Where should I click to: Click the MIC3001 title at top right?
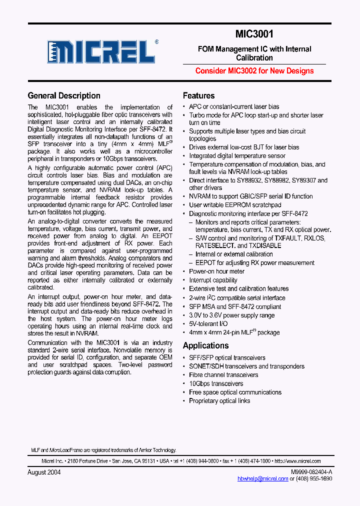(x=254, y=34)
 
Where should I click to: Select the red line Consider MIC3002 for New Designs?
(x=254, y=70)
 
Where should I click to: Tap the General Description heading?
(x=64, y=95)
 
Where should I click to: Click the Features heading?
(x=198, y=95)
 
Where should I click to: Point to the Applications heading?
(x=205, y=345)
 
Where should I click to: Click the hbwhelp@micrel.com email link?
(x=262, y=478)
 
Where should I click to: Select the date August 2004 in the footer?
(x=44, y=472)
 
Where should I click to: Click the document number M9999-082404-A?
(x=311, y=472)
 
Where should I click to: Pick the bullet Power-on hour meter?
(x=216, y=271)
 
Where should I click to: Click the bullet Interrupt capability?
(x=213, y=280)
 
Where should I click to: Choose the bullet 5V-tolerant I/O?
(x=208, y=323)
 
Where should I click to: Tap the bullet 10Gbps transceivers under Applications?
(x=216, y=383)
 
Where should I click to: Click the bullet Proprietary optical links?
(x=219, y=400)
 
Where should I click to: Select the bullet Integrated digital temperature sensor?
(x=237, y=155)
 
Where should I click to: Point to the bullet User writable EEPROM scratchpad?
(x=235, y=205)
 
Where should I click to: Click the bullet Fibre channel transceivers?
(x=223, y=375)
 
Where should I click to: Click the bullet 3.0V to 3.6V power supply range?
(x=231, y=315)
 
